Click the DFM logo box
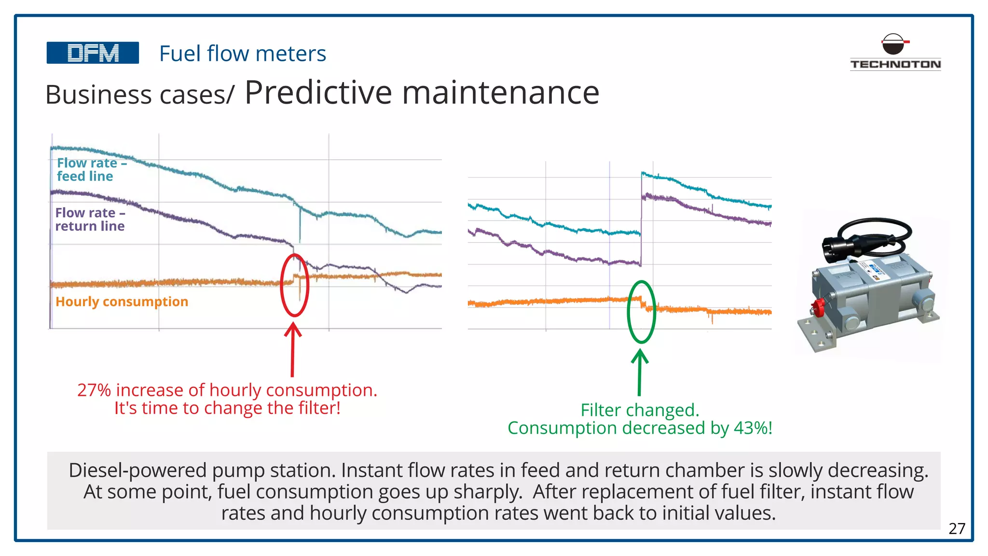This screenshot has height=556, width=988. click(93, 53)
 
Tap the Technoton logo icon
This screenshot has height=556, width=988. click(893, 44)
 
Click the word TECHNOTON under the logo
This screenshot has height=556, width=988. click(895, 64)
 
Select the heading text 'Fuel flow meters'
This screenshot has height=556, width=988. click(243, 54)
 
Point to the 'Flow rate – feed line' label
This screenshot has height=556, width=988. click(91, 169)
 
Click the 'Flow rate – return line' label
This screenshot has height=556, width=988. click(90, 219)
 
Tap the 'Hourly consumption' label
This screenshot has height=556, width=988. click(122, 302)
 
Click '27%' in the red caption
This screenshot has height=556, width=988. click(94, 390)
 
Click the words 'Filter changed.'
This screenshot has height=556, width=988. click(640, 410)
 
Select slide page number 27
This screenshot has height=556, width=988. click(957, 528)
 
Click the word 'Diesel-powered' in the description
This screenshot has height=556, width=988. click(137, 471)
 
